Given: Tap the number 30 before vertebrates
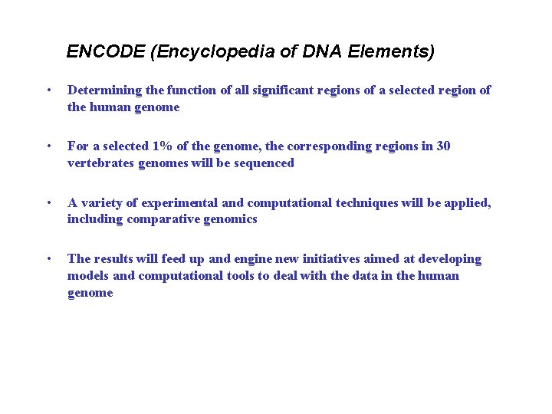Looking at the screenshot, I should point(442,146).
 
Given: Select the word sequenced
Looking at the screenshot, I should point(264,163).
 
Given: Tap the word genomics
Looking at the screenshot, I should point(228,219).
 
